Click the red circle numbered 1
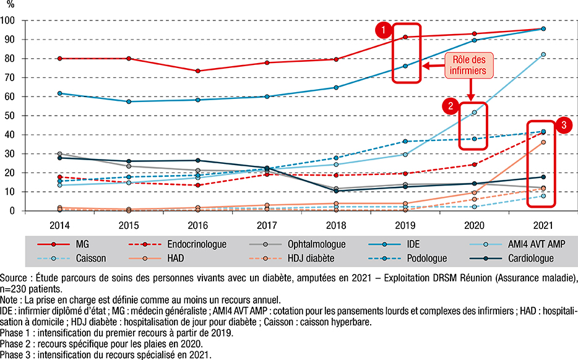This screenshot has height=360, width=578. click(x=384, y=29)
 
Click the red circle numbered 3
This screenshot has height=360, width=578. click(x=563, y=125)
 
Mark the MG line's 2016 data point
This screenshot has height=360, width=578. click(x=198, y=71)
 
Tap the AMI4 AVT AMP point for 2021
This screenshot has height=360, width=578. click(x=543, y=54)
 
